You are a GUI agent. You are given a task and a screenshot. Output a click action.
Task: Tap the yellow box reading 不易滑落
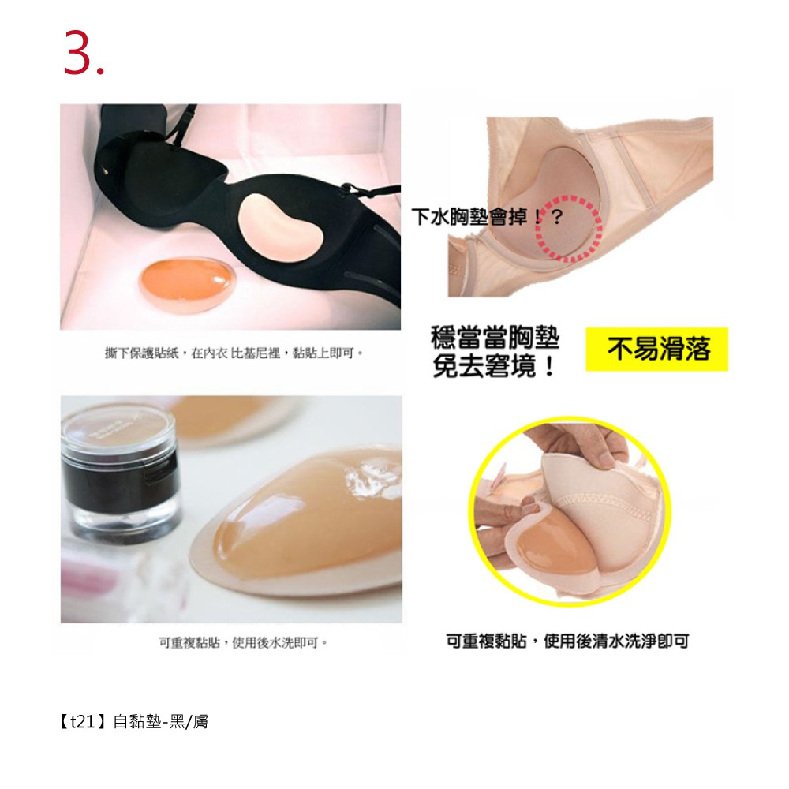(656, 349)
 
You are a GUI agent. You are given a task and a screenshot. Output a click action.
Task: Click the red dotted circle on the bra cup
(568, 228)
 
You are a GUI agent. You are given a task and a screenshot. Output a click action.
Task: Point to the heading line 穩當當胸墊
(495, 338)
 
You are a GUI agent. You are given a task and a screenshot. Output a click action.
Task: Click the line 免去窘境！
(494, 366)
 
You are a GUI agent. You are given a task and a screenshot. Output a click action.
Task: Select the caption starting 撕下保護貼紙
(234, 353)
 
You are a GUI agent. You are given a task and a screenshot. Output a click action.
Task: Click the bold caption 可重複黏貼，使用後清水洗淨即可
(567, 641)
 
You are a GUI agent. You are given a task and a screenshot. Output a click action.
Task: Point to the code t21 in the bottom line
(82, 722)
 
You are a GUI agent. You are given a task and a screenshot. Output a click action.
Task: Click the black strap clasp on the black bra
(346, 189)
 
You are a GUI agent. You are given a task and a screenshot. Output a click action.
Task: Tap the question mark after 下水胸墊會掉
(556, 218)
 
